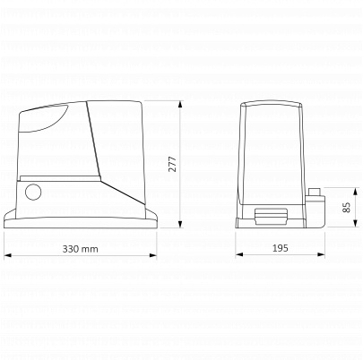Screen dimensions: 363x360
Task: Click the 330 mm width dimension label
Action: pyautogui.click(x=80, y=249)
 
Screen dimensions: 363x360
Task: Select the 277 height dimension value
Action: pyautogui.click(x=173, y=164)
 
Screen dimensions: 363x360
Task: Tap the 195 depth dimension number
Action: pyautogui.click(x=281, y=248)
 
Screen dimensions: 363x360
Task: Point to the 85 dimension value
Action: pyautogui.click(x=346, y=208)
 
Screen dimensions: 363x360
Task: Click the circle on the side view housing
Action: pyautogui.click(x=33, y=192)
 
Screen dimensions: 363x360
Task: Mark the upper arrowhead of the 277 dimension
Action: pyautogui.click(x=180, y=105)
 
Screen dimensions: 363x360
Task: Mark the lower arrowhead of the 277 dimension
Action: pyautogui.click(x=180, y=224)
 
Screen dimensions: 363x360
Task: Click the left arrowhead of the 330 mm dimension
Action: pyautogui.click(x=8, y=255)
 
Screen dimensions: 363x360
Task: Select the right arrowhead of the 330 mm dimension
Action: pyautogui.click(x=153, y=255)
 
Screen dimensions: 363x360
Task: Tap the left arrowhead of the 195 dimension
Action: pyautogui.click(x=239, y=254)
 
